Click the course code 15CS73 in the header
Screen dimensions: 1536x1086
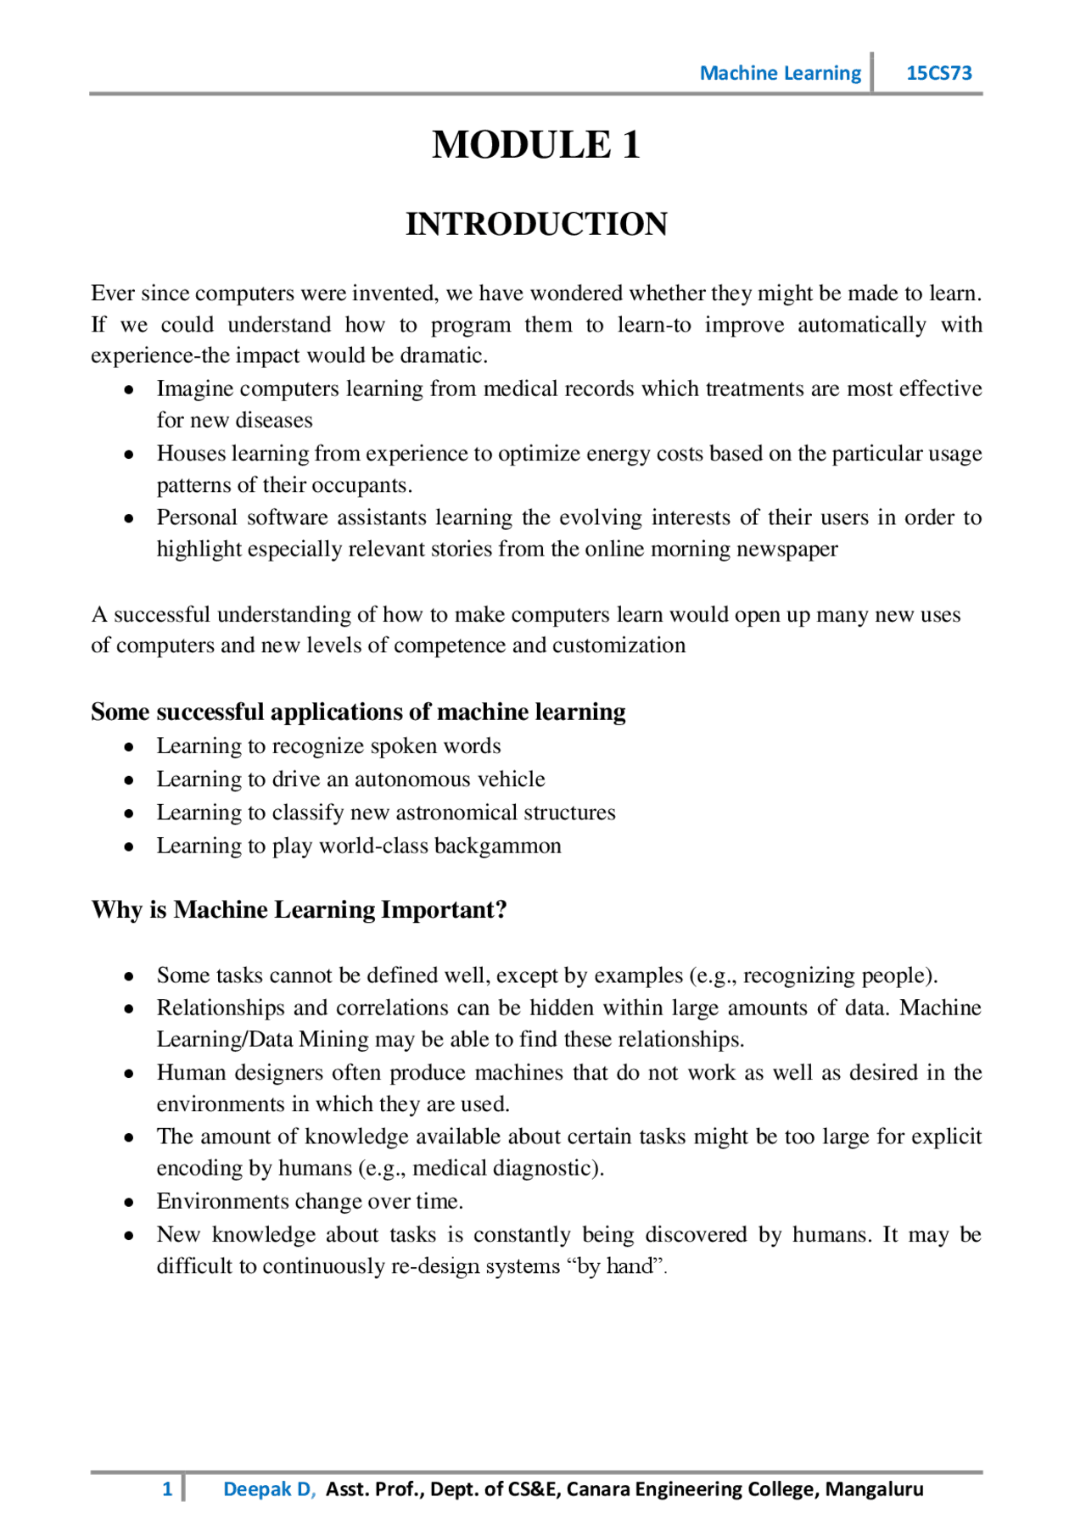pyautogui.click(x=938, y=73)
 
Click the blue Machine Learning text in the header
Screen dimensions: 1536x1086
pyautogui.click(x=780, y=73)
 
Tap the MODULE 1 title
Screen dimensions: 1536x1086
pyautogui.click(x=536, y=144)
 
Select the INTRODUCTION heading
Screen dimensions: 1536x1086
pyautogui.click(x=536, y=224)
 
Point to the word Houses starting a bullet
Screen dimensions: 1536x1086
pyautogui.click(x=190, y=454)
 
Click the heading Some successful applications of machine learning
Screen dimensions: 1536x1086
pyautogui.click(x=358, y=712)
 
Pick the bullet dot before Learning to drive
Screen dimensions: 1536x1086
pyautogui.click(x=129, y=780)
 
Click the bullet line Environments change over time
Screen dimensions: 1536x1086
pyautogui.click(x=310, y=1202)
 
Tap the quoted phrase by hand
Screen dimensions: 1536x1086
pyautogui.click(x=614, y=1266)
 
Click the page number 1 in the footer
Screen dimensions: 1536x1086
pyautogui.click(x=167, y=1489)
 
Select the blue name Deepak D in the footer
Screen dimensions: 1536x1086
pyautogui.click(x=267, y=1489)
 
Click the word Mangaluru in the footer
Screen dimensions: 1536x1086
pyautogui.click(x=874, y=1489)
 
